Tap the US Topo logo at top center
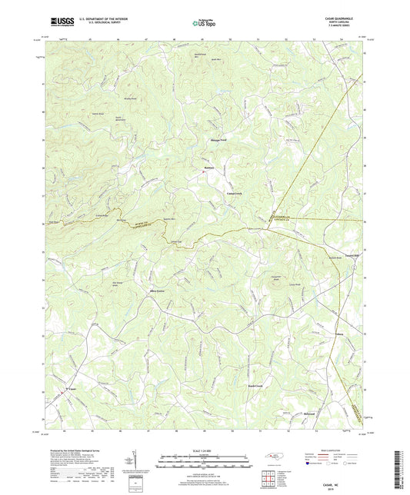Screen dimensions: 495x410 pos(203,24)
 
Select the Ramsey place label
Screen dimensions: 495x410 pos(208,168)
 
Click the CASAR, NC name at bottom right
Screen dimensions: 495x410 pos(345,483)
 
